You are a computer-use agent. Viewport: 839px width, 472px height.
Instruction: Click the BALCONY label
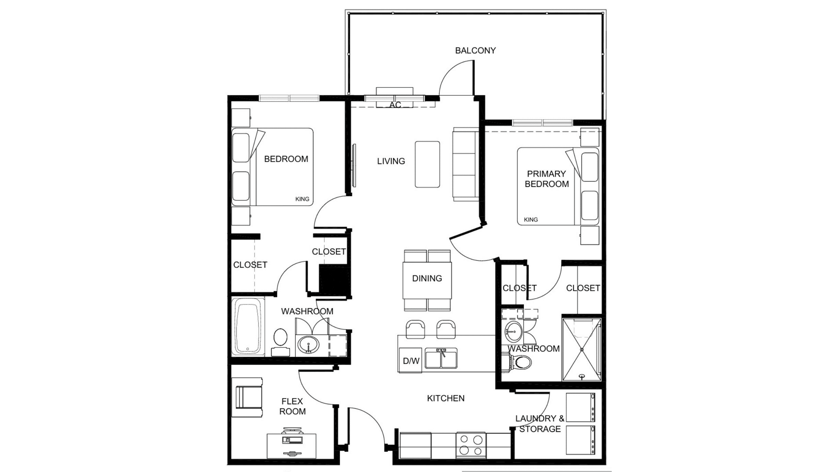(x=475, y=51)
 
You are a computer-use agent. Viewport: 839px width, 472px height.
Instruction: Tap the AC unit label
(x=395, y=105)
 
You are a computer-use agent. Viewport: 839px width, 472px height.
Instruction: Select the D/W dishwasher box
(x=411, y=361)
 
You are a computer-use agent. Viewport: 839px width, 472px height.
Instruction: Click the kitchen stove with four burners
(x=471, y=445)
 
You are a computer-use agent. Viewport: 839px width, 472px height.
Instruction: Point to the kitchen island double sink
(x=441, y=358)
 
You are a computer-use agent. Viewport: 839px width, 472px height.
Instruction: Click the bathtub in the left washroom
(x=248, y=326)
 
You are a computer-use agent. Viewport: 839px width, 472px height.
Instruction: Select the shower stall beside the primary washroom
(x=582, y=349)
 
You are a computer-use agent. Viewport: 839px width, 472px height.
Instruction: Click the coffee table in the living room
(x=427, y=164)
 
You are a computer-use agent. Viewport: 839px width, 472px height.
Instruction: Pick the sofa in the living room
(x=466, y=164)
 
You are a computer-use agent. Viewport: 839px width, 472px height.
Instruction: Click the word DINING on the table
(x=427, y=278)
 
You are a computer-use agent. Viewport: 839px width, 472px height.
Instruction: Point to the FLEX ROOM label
(x=293, y=406)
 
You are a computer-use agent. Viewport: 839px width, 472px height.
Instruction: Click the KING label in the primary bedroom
(x=531, y=220)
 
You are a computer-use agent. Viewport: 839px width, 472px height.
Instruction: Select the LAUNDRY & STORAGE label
(x=540, y=423)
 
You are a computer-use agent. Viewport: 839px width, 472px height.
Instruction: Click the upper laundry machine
(x=581, y=407)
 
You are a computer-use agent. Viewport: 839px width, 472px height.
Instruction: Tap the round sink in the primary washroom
(x=513, y=333)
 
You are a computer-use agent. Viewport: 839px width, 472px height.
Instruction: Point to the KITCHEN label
(x=446, y=398)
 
